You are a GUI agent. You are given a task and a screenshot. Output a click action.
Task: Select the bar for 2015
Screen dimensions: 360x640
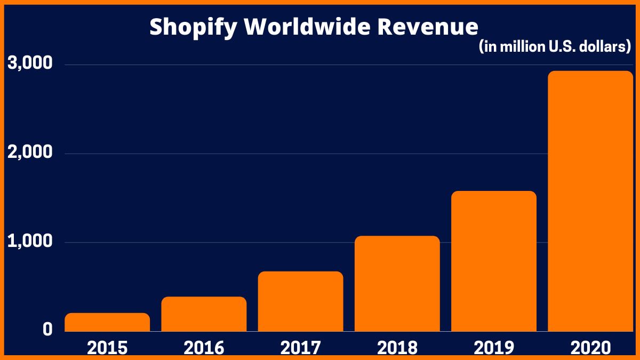coord(107,322)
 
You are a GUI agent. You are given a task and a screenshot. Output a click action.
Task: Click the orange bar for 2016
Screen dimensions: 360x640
coord(204,314)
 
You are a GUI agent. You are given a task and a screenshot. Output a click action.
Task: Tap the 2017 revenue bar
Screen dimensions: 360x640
coord(300,301)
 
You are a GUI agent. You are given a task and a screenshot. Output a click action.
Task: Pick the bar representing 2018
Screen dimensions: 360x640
coord(397,284)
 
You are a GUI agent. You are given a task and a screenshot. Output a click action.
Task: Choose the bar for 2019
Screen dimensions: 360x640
coord(493,261)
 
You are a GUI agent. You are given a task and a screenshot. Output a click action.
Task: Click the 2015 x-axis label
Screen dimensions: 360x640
coord(107,348)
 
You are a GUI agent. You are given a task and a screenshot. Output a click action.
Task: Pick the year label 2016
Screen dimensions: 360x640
coord(204,348)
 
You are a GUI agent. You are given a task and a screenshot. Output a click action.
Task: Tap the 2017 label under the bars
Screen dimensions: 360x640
coord(300,348)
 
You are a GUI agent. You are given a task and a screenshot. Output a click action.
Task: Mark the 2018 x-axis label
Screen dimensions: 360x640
coord(397,348)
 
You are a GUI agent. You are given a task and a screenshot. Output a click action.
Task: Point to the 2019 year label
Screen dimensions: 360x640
coord(493,348)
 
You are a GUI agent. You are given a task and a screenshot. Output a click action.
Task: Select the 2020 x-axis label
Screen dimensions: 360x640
coord(590,348)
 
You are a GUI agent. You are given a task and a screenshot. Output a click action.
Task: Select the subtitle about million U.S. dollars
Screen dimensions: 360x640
coord(555,47)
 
